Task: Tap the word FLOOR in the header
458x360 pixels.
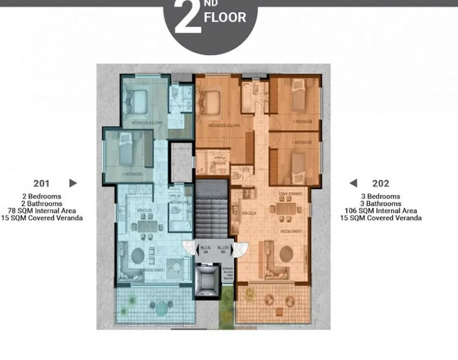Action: point(225,18)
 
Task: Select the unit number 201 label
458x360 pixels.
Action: point(42,184)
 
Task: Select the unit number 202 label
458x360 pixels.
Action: point(381,184)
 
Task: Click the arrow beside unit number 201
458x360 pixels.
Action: point(73,183)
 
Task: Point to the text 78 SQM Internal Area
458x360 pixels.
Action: point(42,211)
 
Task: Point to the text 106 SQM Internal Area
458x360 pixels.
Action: point(381,211)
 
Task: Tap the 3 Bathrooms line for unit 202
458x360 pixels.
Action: point(381,204)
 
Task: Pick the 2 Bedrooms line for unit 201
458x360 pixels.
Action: point(42,196)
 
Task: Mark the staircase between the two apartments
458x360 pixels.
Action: point(212,211)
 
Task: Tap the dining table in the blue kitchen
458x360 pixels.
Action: point(147,226)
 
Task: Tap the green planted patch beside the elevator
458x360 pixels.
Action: point(226,304)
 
